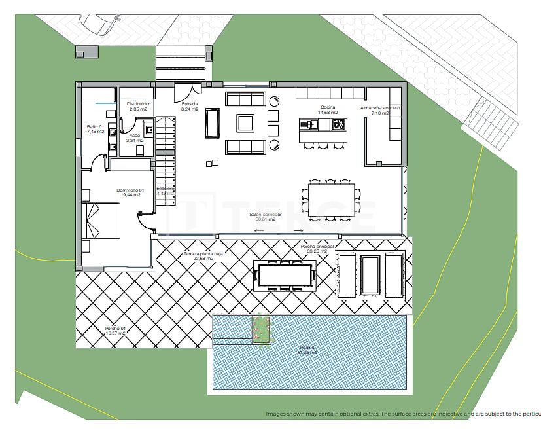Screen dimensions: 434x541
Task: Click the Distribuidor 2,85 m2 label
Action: (x=138, y=107)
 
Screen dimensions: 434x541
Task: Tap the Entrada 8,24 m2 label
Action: (x=190, y=107)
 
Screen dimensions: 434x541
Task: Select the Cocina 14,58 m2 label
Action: (x=328, y=110)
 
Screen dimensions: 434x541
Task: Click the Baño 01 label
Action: (x=96, y=129)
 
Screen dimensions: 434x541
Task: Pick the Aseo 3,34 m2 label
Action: (x=134, y=137)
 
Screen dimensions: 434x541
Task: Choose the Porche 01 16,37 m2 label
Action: (x=114, y=331)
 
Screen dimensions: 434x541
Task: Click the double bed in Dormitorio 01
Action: (x=101, y=221)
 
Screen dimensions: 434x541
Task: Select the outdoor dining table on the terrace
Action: (x=285, y=274)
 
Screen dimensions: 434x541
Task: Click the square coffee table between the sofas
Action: (x=245, y=123)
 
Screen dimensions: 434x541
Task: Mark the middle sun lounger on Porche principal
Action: (x=370, y=275)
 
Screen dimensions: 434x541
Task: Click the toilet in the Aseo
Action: (x=140, y=150)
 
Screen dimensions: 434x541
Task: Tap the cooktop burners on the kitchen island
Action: (x=338, y=124)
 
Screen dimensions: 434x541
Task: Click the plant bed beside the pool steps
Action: (x=262, y=329)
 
